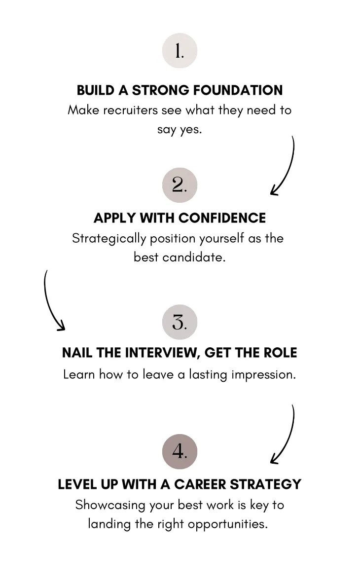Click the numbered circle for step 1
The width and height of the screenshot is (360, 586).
pyautogui.click(x=180, y=51)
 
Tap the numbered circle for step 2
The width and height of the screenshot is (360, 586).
pyautogui.click(x=180, y=185)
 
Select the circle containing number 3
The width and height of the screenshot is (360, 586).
pyautogui.click(x=180, y=322)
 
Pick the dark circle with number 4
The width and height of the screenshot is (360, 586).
pyautogui.click(x=180, y=451)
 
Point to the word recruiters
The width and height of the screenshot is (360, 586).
pyautogui.click(x=130, y=110)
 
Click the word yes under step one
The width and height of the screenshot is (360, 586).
pyautogui.click(x=191, y=130)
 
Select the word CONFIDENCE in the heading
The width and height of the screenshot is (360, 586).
pyautogui.click(x=222, y=218)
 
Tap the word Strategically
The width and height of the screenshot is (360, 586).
pyautogui.click(x=109, y=238)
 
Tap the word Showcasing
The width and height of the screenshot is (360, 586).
pyautogui.click(x=110, y=505)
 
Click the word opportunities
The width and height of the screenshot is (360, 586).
pyautogui.click(x=228, y=524)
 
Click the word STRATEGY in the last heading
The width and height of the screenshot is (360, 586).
pyautogui.click(x=265, y=484)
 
